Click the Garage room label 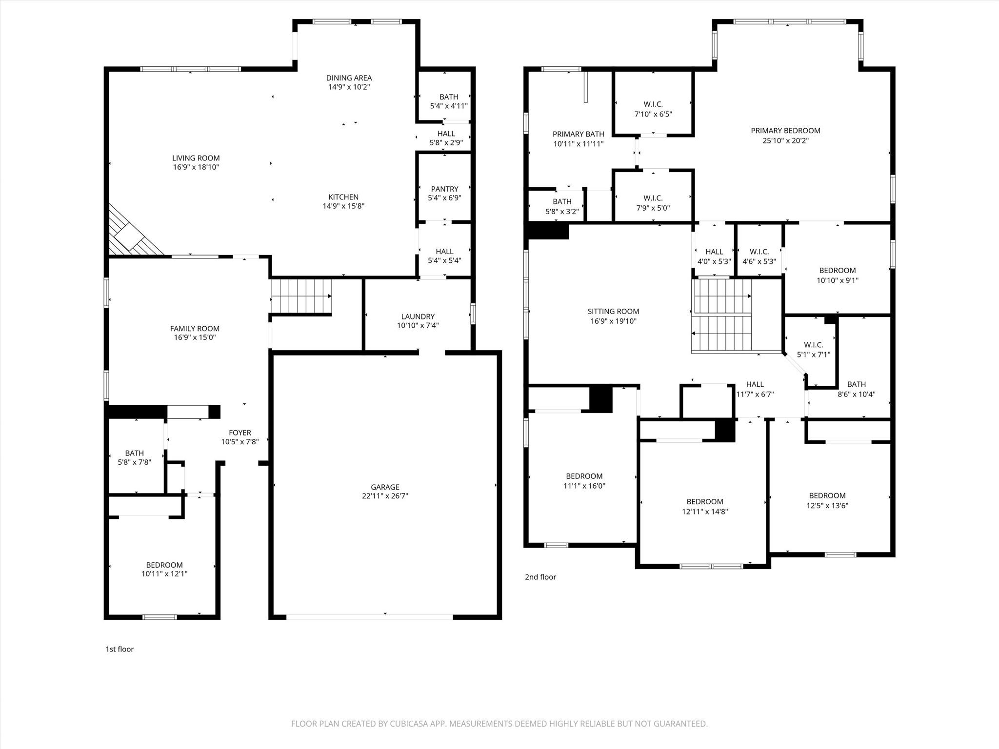[385, 487]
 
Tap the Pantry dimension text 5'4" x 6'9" [444, 198]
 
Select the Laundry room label [418, 316]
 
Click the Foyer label [240, 433]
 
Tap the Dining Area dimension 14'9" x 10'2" [349, 87]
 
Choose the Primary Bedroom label [785, 131]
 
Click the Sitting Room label [613, 311]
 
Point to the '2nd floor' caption [540, 577]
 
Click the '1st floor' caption [120, 649]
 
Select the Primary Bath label [578, 134]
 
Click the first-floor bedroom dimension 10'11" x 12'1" [164, 574]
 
